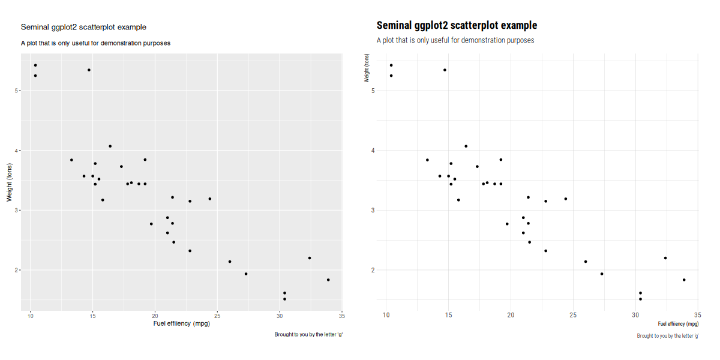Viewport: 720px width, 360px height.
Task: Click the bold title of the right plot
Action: click(457, 25)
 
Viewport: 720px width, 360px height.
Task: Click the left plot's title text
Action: click(83, 28)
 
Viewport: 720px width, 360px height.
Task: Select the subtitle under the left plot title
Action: click(95, 43)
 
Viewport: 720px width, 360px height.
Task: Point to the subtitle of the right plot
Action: click(455, 40)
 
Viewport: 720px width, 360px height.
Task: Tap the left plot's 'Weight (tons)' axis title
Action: click(9, 182)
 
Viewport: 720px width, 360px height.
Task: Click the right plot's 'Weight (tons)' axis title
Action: click(367, 68)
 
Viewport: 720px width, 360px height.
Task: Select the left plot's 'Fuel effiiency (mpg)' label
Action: click(182, 323)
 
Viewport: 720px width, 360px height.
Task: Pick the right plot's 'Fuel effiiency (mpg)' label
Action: click(678, 323)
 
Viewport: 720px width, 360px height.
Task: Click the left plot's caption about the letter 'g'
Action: click(308, 335)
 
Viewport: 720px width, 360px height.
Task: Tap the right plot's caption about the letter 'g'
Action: click(668, 336)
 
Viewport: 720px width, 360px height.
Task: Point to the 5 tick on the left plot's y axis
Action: click(16, 91)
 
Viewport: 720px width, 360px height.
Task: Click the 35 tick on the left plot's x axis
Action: click(342, 316)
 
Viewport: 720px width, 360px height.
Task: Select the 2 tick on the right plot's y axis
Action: click(373, 270)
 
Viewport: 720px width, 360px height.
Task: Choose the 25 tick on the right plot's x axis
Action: click(573, 315)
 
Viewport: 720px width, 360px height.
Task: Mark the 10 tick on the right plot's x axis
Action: click(386, 315)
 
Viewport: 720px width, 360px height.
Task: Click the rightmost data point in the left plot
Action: click(328, 280)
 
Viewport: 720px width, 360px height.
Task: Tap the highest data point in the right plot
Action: click(391, 65)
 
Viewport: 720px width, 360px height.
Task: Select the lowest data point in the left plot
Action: click(284, 299)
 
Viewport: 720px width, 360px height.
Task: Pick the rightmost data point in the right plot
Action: click(684, 280)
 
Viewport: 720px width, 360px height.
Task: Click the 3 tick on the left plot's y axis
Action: click(16, 210)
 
